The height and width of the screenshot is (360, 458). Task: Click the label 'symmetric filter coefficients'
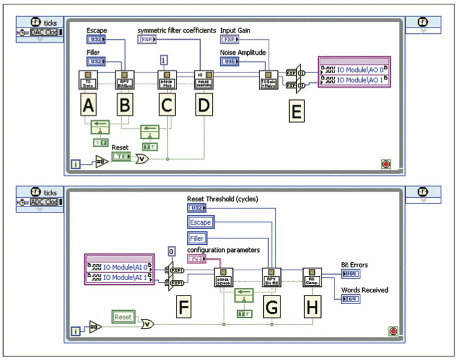click(176, 29)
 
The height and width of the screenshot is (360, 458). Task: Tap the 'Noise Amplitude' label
click(243, 53)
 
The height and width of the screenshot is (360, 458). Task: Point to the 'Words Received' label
click(365, 289)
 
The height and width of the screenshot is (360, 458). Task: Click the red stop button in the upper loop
click(385, 164)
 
